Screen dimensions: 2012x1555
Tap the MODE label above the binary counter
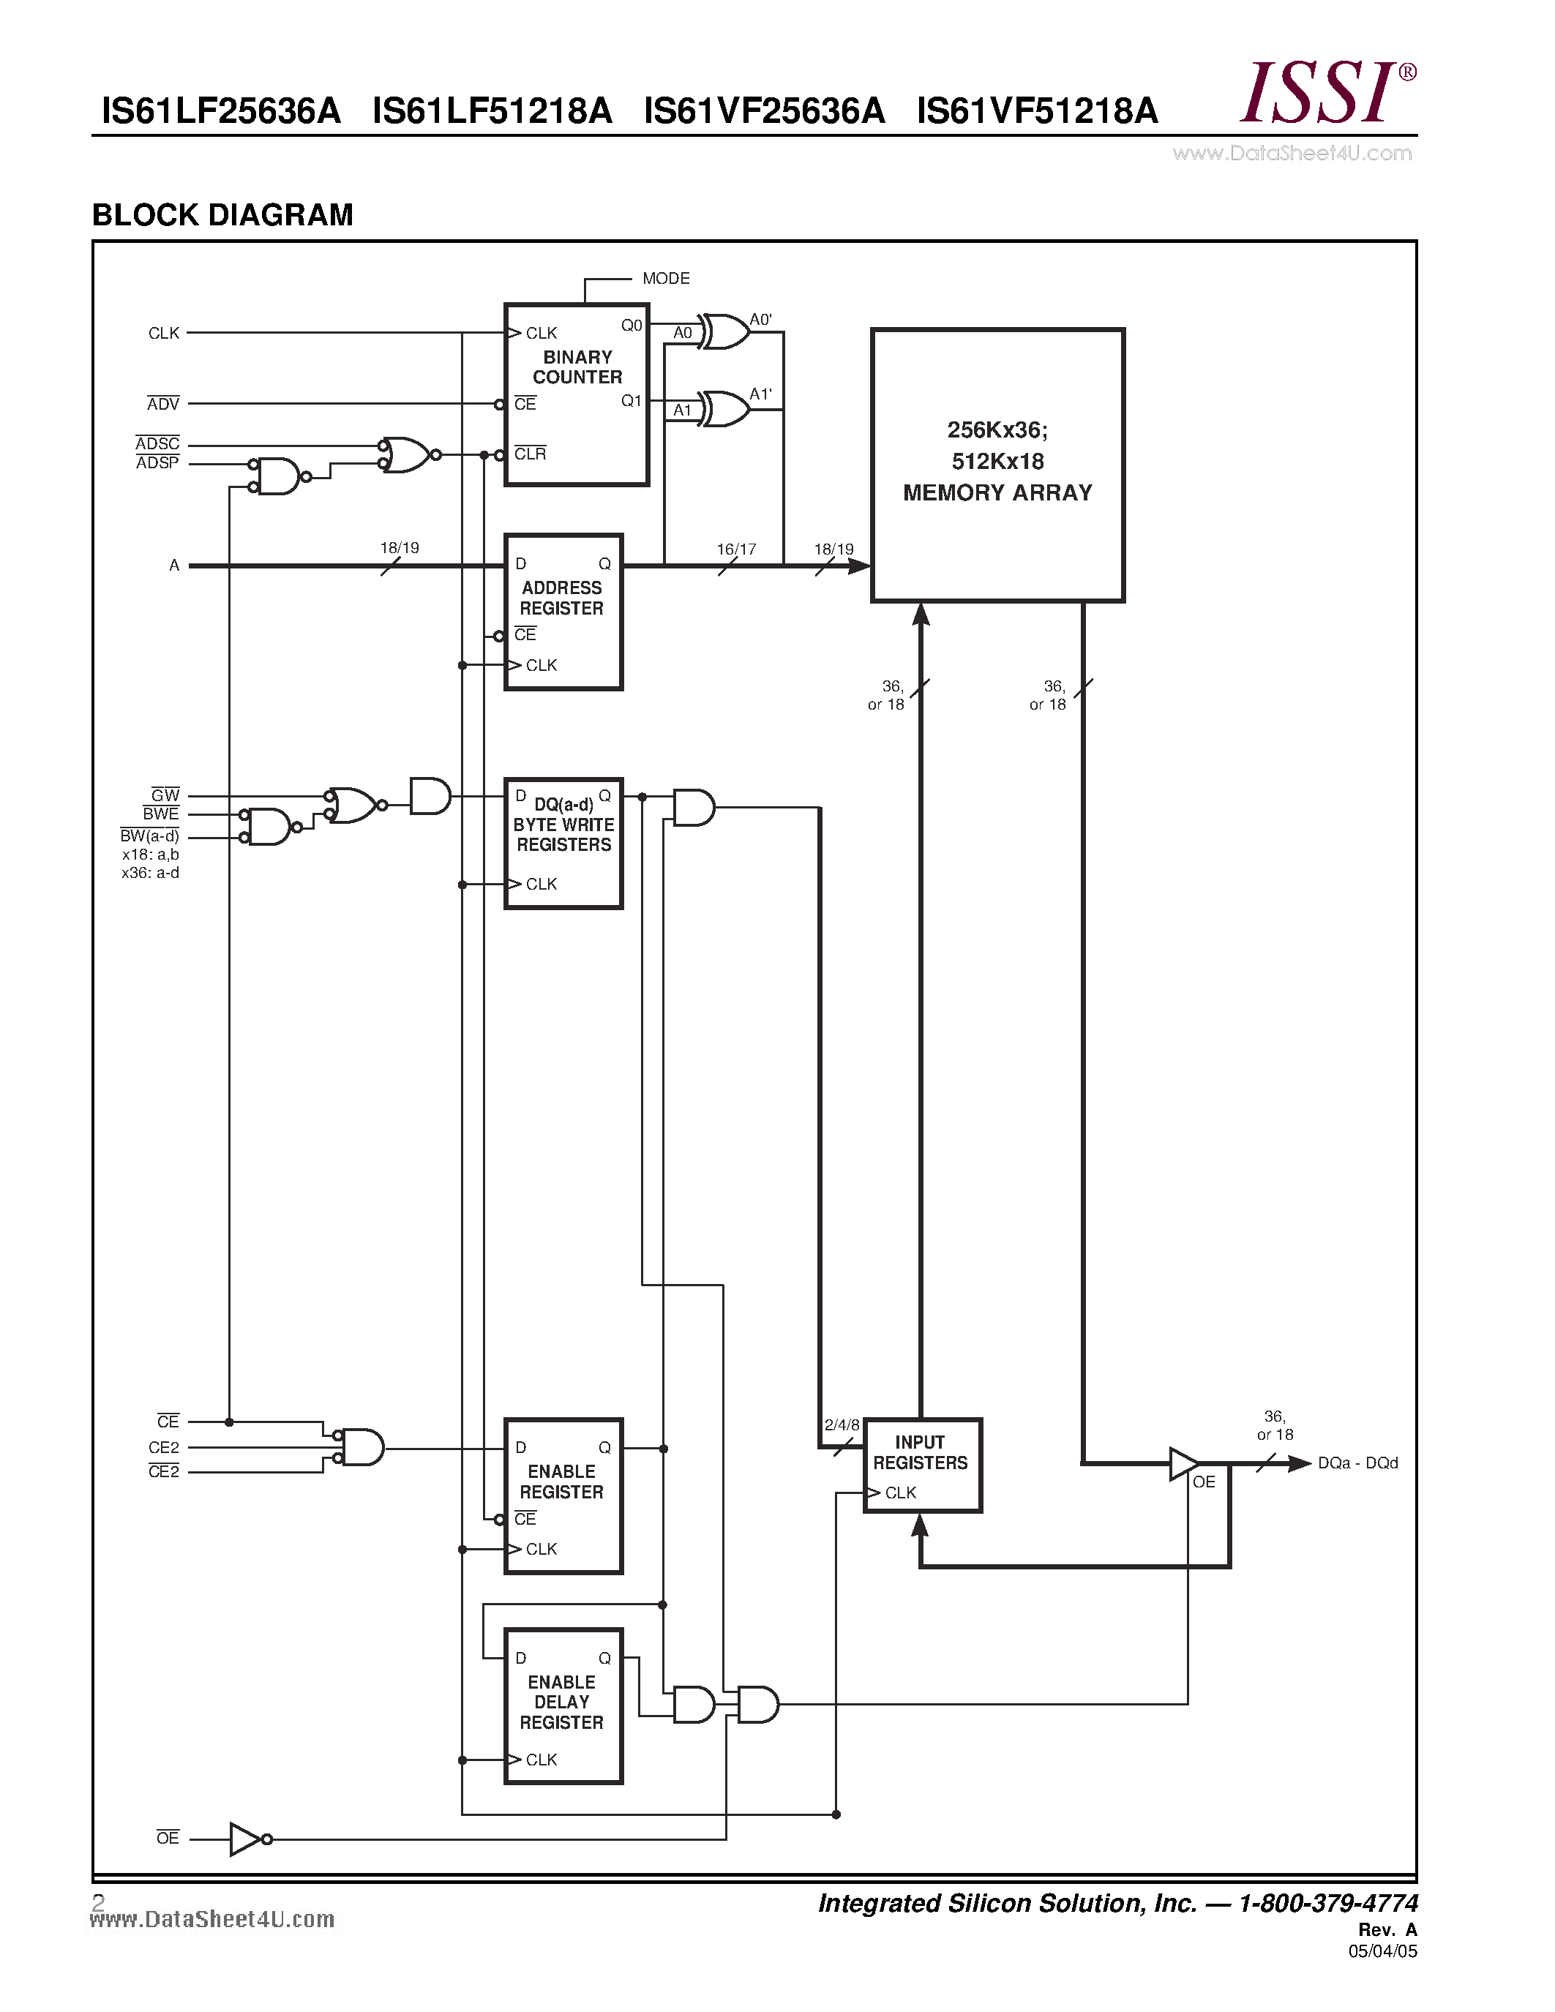click(x=665, y=278)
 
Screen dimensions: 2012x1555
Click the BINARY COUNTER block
click(x=576, y=394)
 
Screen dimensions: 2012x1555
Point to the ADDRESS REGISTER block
click(x=563, y=612)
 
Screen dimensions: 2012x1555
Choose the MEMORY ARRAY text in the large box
click(x=997, y=493)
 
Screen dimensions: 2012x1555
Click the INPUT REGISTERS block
click(x=921, y=1465)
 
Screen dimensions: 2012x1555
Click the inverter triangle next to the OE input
click(x=245, y=1839)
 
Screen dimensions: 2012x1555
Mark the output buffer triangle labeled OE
click(x=1183, y=1463)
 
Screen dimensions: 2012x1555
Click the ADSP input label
click(x=157, y=463)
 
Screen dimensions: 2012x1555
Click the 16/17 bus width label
click(x=736, y=549)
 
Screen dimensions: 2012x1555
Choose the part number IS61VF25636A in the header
click(x=764, y=111)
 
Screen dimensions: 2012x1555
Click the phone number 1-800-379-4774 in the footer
click(x=1327, y=1903)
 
